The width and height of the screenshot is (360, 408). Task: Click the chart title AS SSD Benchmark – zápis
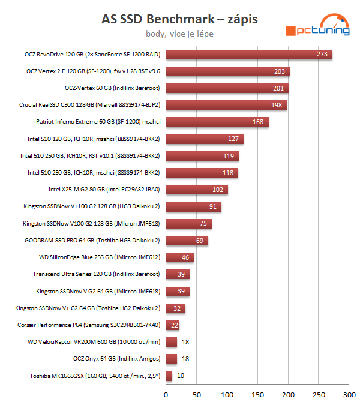click(x=179, y=20)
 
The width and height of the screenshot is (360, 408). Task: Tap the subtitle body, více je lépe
click(x=179, y=34)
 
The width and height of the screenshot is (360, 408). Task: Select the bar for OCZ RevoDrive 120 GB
click(x=249, y=55)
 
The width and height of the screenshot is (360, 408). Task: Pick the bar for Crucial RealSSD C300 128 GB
click(x=226, y=106)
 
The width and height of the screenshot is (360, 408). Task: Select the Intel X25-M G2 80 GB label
click(x=104, y=190)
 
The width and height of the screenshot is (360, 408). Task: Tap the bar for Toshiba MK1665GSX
click(x=169, y=376)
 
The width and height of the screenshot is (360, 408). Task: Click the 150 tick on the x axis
click(x=258, y=395)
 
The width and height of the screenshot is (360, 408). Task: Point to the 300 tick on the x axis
click(x=349, y=395)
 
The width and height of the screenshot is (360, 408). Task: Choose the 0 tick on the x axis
click(x=166, y=395)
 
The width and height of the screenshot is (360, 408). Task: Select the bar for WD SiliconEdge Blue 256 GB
click(x=180, y=258)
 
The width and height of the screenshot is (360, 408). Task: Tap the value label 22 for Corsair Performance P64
click(x=175, y=325)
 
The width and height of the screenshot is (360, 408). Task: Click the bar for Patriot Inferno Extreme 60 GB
click(x=217, y=122)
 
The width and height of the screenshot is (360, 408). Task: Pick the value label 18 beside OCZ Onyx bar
click(x=186, y=359)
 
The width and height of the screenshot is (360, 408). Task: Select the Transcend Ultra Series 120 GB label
click(x=96, y=275)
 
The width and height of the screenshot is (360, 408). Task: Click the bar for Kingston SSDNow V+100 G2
click(x=194, y=207)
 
